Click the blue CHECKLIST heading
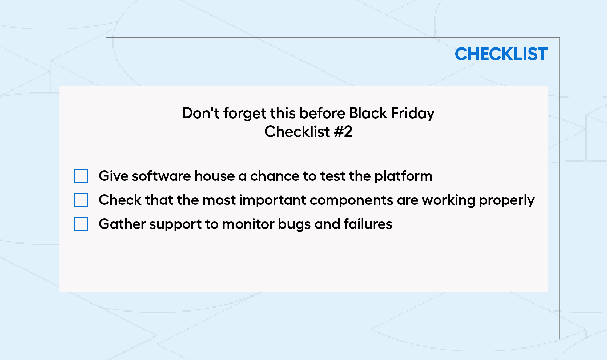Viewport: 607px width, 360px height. tap(501, 54)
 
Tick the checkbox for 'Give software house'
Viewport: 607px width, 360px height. tap(81, 176)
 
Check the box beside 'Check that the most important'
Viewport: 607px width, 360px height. tap(81, 200)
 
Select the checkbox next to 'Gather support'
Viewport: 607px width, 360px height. tap(81, 224)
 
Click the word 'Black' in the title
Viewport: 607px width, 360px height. tap(368, 113)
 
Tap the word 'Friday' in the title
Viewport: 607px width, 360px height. tap(413, 114)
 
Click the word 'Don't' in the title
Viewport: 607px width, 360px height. tap(201, 113)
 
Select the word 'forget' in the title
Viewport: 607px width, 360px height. tap(245, 114)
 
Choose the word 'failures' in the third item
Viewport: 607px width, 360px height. tap(368, 224)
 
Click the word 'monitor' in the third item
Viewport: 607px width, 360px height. tap(248, 224)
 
